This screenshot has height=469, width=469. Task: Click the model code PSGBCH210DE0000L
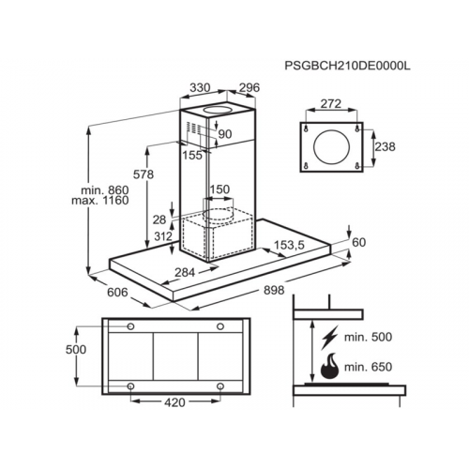(x=347, y=66)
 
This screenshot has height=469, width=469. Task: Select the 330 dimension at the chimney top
(x=200, y=87)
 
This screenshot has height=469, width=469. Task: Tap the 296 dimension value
(x=250, y=87)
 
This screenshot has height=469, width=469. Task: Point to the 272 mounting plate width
(x=331, y=103)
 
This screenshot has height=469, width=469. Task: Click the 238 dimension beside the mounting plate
(x=385, y=146)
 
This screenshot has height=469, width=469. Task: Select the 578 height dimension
(x=144, y=174)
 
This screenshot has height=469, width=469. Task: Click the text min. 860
(x=104, y=189)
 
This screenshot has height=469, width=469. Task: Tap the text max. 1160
(x=100, y=200)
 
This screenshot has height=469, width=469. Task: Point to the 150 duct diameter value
(x=219, y=189)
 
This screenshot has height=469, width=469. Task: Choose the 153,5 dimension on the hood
(x=289, y=245)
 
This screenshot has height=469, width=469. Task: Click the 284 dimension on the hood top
(x=185, y=272)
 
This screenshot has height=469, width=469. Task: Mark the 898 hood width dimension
(x=274, y=290)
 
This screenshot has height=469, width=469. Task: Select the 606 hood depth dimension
(x=117, y=293)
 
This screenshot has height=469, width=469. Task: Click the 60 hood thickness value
(x=358, y=242)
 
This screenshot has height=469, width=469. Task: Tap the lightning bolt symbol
(x=330, y=338)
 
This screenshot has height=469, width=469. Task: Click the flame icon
(x=330, y=366)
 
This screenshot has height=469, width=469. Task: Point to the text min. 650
(x=368, y=367)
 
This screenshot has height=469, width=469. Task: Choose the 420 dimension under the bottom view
(x=174, y=402)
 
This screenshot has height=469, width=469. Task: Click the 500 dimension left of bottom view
(x=76, y=349)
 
